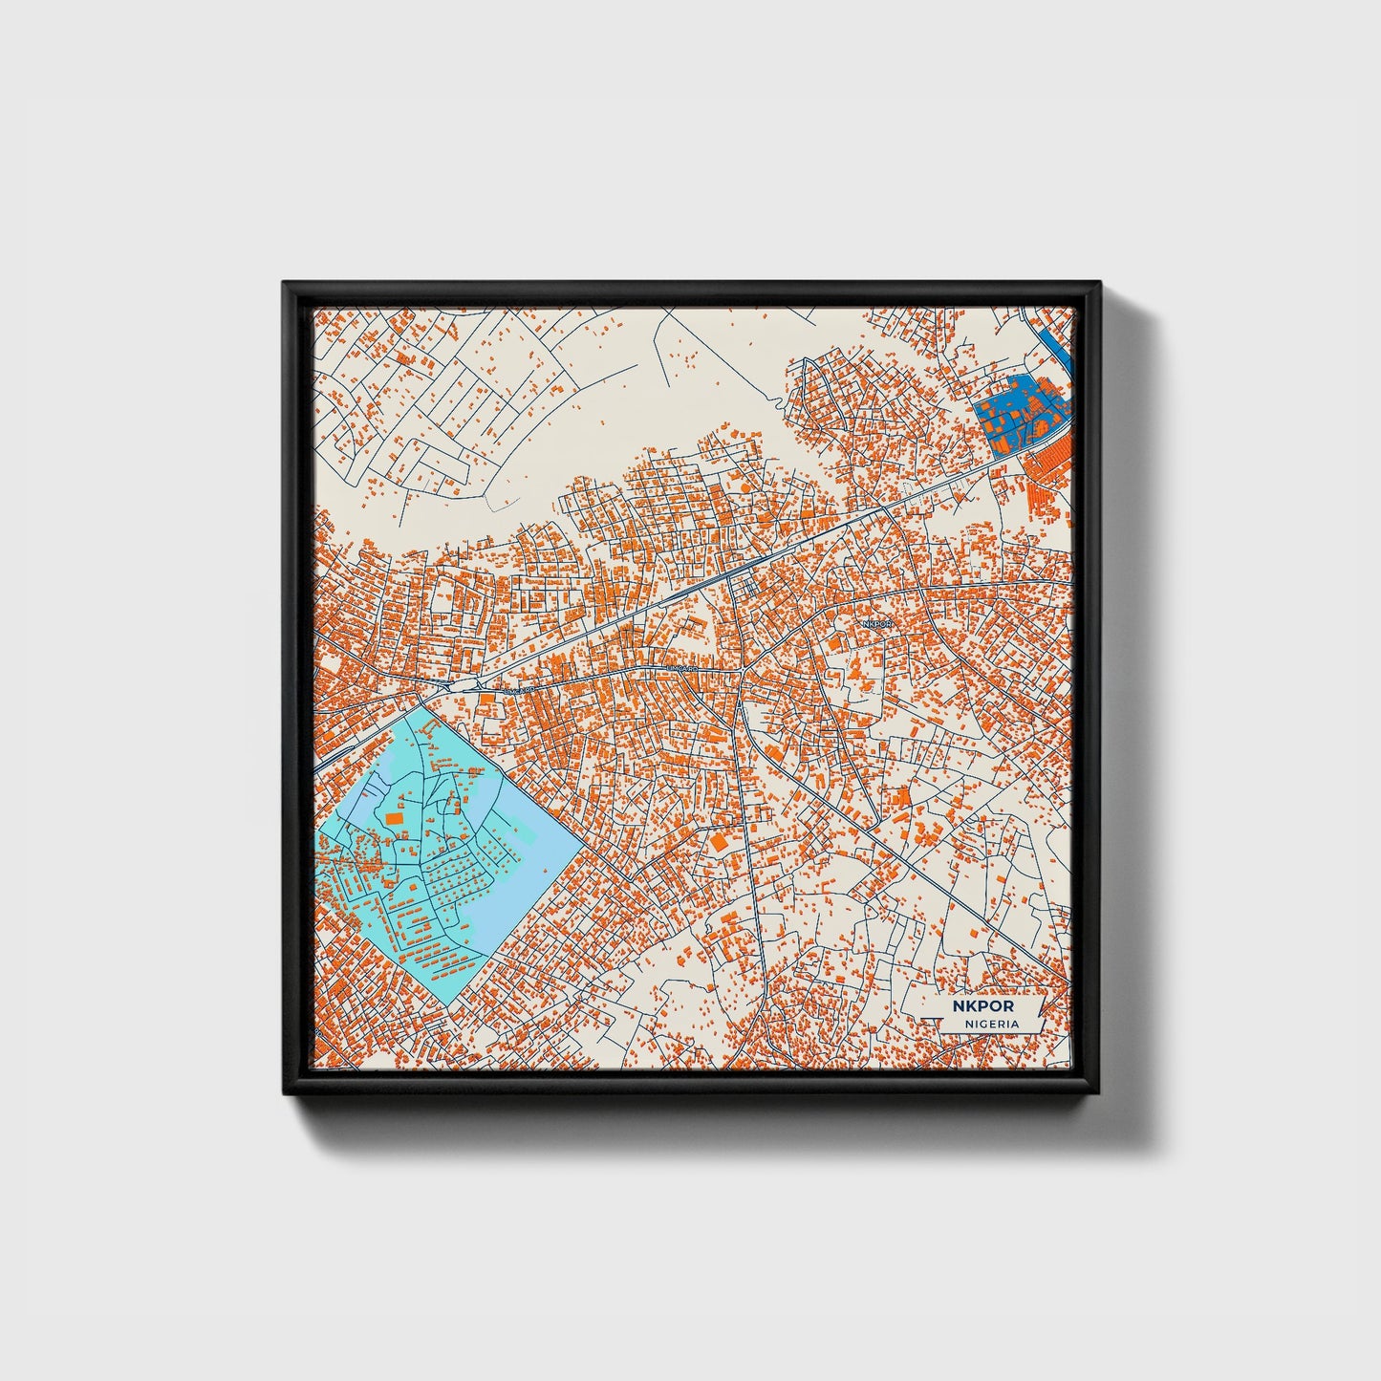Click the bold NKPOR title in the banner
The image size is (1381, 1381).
click(x=982, y=1006)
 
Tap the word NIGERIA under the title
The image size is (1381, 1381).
click(x=991, y=1024)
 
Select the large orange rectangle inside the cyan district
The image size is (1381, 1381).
click(x=395, y=819)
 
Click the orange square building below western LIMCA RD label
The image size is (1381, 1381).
click(x=486, y=703)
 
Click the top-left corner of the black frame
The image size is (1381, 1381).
click(x=285, y=284)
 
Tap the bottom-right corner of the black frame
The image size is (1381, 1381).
click(x=1099, y=1094)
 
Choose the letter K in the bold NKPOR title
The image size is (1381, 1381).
click(x=970, y=1006)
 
